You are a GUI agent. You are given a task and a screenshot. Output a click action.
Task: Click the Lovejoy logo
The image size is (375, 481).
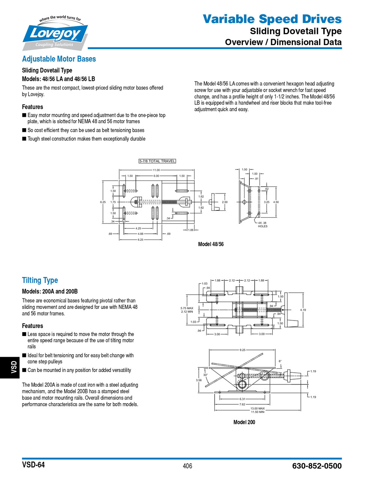click(55, 33)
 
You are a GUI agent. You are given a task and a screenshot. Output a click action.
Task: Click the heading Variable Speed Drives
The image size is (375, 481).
click(272, 19)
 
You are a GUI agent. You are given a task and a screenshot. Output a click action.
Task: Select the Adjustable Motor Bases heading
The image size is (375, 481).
click(59, 59)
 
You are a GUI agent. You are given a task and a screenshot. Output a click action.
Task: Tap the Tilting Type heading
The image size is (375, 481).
click(40, 280)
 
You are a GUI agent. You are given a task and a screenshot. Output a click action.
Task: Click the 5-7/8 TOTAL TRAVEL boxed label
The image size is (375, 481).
click(157, 161)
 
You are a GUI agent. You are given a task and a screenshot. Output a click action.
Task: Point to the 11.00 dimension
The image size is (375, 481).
click(156, 170)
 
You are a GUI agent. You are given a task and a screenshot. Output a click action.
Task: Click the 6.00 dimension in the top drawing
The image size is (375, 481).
click(156, 176)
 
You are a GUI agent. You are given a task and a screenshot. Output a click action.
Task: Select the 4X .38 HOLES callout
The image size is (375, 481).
click(262, 224)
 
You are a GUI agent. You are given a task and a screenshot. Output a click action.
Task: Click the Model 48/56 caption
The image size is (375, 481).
click(211, 244)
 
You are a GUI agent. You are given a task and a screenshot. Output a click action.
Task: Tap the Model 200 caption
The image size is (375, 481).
click(244, 422)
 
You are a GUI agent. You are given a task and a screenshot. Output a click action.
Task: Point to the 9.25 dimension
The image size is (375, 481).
click(242, 350)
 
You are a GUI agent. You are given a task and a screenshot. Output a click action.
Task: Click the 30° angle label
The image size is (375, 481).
click(205, 375)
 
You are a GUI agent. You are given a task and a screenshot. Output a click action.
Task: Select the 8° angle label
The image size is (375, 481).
click(280, 361)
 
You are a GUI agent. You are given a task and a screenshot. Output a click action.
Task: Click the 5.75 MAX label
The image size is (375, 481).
click(187, 308)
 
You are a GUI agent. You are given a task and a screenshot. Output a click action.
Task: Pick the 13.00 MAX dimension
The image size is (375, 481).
click(258, 408)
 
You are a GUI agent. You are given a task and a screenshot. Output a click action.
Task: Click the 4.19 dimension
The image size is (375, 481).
click(303, 310)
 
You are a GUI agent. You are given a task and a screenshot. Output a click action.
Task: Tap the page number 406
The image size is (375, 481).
click(187, 466)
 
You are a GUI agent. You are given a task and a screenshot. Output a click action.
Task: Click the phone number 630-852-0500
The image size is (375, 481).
click(316, 466)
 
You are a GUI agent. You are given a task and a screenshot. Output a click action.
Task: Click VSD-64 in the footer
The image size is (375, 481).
click(33, 465)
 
